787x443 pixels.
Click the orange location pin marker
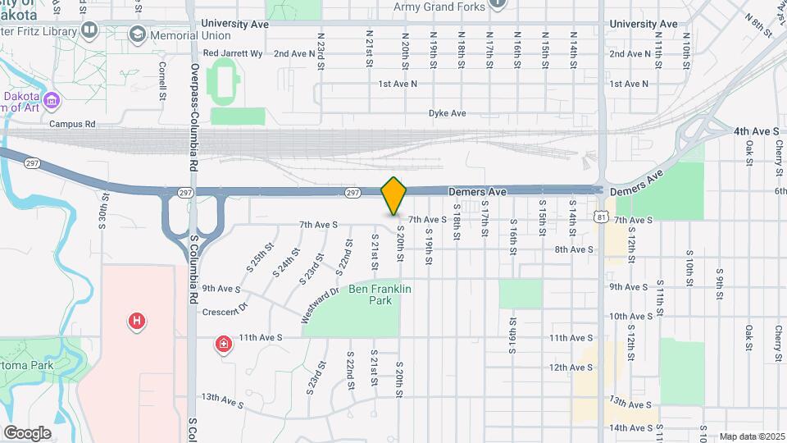pyautogui.click(x=394, y=195)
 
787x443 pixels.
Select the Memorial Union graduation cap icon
pyautogui.click(x=137, y=34)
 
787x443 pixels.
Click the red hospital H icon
pyautogui.click(x=138, y=321)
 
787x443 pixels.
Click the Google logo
pyautogui.click(x=27, y=432)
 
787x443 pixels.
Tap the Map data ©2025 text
pyautogui.click(x=752, y=436)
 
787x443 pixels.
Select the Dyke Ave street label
pyautogui.click(x=447, y=113)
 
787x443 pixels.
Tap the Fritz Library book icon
pyautogui.click(x=89, y=30)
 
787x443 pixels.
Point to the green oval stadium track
pyautogui.click(x=221, y=82)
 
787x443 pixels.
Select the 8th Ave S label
pyautogui.click(x=573, y=249)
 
